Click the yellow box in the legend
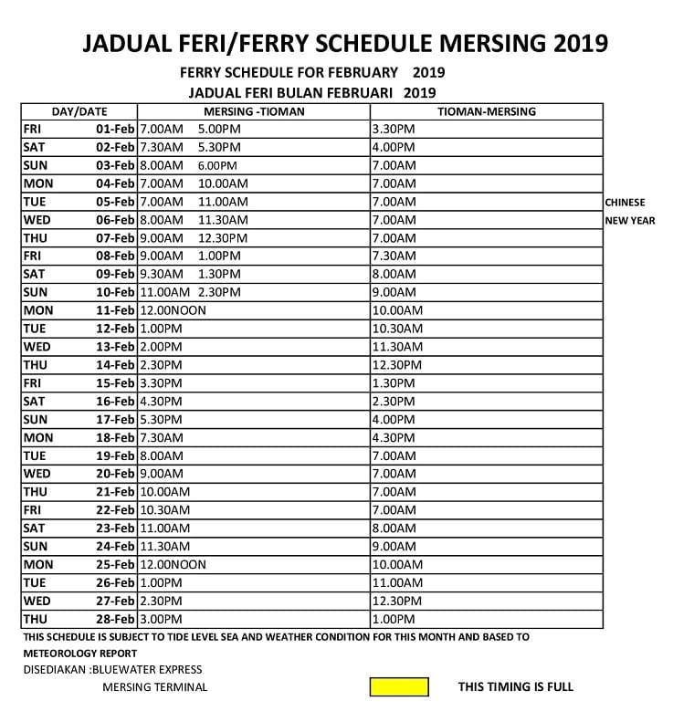pyautogui.click(x=399, y=686)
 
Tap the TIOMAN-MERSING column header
pyautogui.click(x=486, y=111)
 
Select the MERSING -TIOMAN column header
pyautogui.click(x=254, y=111)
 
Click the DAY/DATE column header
pyautogui.click(x=79, y=111)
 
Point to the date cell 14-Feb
pyautogui.click(x=115, y=364)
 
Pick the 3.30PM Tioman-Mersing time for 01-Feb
pyautogui.click(x=394, y=129)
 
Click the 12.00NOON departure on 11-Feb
pyautogui.click(x=173, y=310)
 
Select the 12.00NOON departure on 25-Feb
pyautogui.click(x=173, y=564)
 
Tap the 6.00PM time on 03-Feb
pyautogui.click(x=217, y=165)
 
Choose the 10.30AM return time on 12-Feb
pyautogui.click(x=397, y=329)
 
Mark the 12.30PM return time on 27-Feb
pyautogui.click(x=397, y=601)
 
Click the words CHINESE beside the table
pyautogui.click(x=625, y=203)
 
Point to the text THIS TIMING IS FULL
pyautogui.click(x=516, y=687)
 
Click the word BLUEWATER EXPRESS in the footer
pyautogui.click(x=147, y=670)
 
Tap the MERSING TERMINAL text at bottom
pyautogui.click(x=155, y=687)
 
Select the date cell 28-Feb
pyautogui.click(x=115, y=619)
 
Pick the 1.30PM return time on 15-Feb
pyautogui.click(x=394, y=382)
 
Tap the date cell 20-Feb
pyautogui.click(x=115, y=474)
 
